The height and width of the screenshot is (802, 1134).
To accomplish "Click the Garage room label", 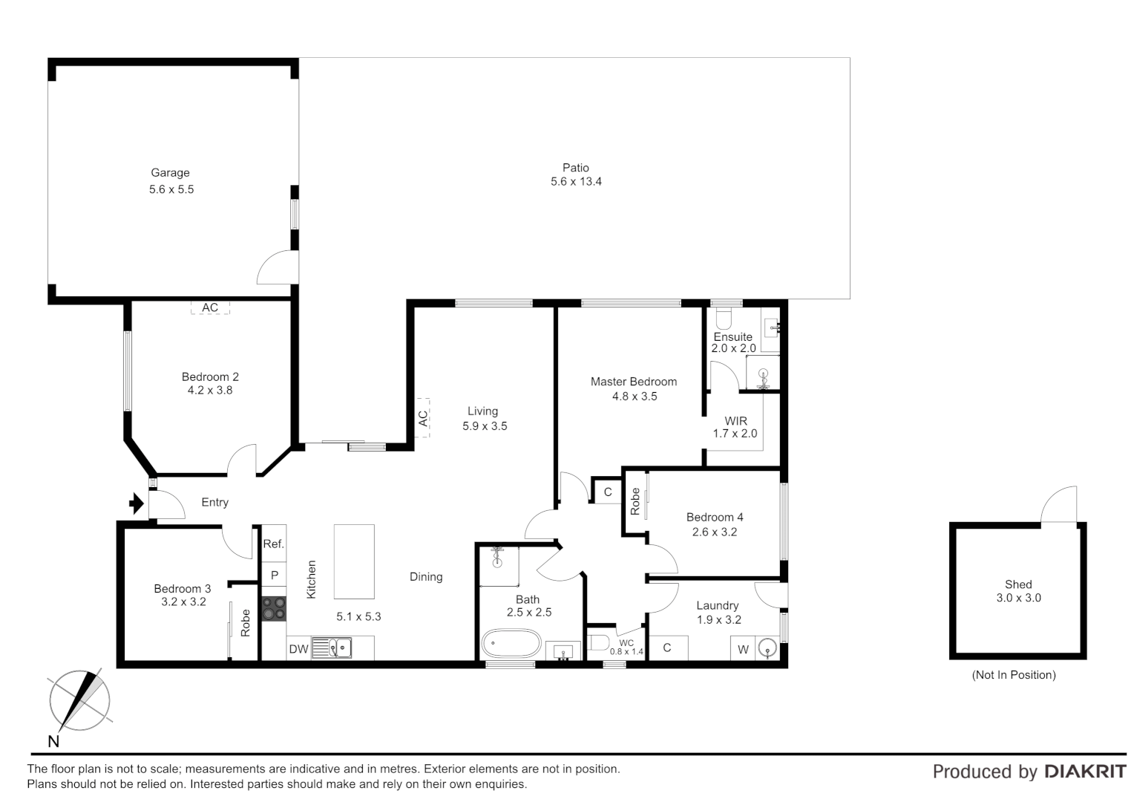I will [170, 173].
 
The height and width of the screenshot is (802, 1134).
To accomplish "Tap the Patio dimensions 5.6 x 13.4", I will [576, 182].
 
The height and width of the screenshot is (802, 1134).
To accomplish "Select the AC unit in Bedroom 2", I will [210, 307].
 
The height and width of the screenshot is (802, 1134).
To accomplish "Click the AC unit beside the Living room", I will [423, 418].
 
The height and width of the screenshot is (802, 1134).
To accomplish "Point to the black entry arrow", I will [136, 504].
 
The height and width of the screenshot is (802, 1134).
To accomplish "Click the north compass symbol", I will [79, 700].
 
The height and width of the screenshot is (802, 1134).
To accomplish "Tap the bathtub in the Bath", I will [511, 644].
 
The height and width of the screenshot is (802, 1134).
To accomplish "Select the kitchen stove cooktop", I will [274, 608].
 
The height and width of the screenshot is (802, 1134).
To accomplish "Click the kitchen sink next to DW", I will [332, 648].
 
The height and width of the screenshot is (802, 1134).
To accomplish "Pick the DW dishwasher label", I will [298, 649].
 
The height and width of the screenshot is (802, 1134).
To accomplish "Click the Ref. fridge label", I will [273, 544].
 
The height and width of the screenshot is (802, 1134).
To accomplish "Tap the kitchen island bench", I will [354, 561].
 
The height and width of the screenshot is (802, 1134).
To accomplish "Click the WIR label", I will [735, 421].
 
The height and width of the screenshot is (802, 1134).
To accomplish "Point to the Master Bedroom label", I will [633, 382].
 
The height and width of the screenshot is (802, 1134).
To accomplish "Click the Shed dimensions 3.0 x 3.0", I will [1018, 598].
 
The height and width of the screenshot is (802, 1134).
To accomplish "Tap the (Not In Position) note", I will [1013, 675].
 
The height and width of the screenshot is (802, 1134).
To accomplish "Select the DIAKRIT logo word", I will [1085, 772].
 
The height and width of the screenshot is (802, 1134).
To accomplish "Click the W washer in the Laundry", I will [743, 649].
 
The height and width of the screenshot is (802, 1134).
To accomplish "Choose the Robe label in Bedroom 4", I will [635, 501].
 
